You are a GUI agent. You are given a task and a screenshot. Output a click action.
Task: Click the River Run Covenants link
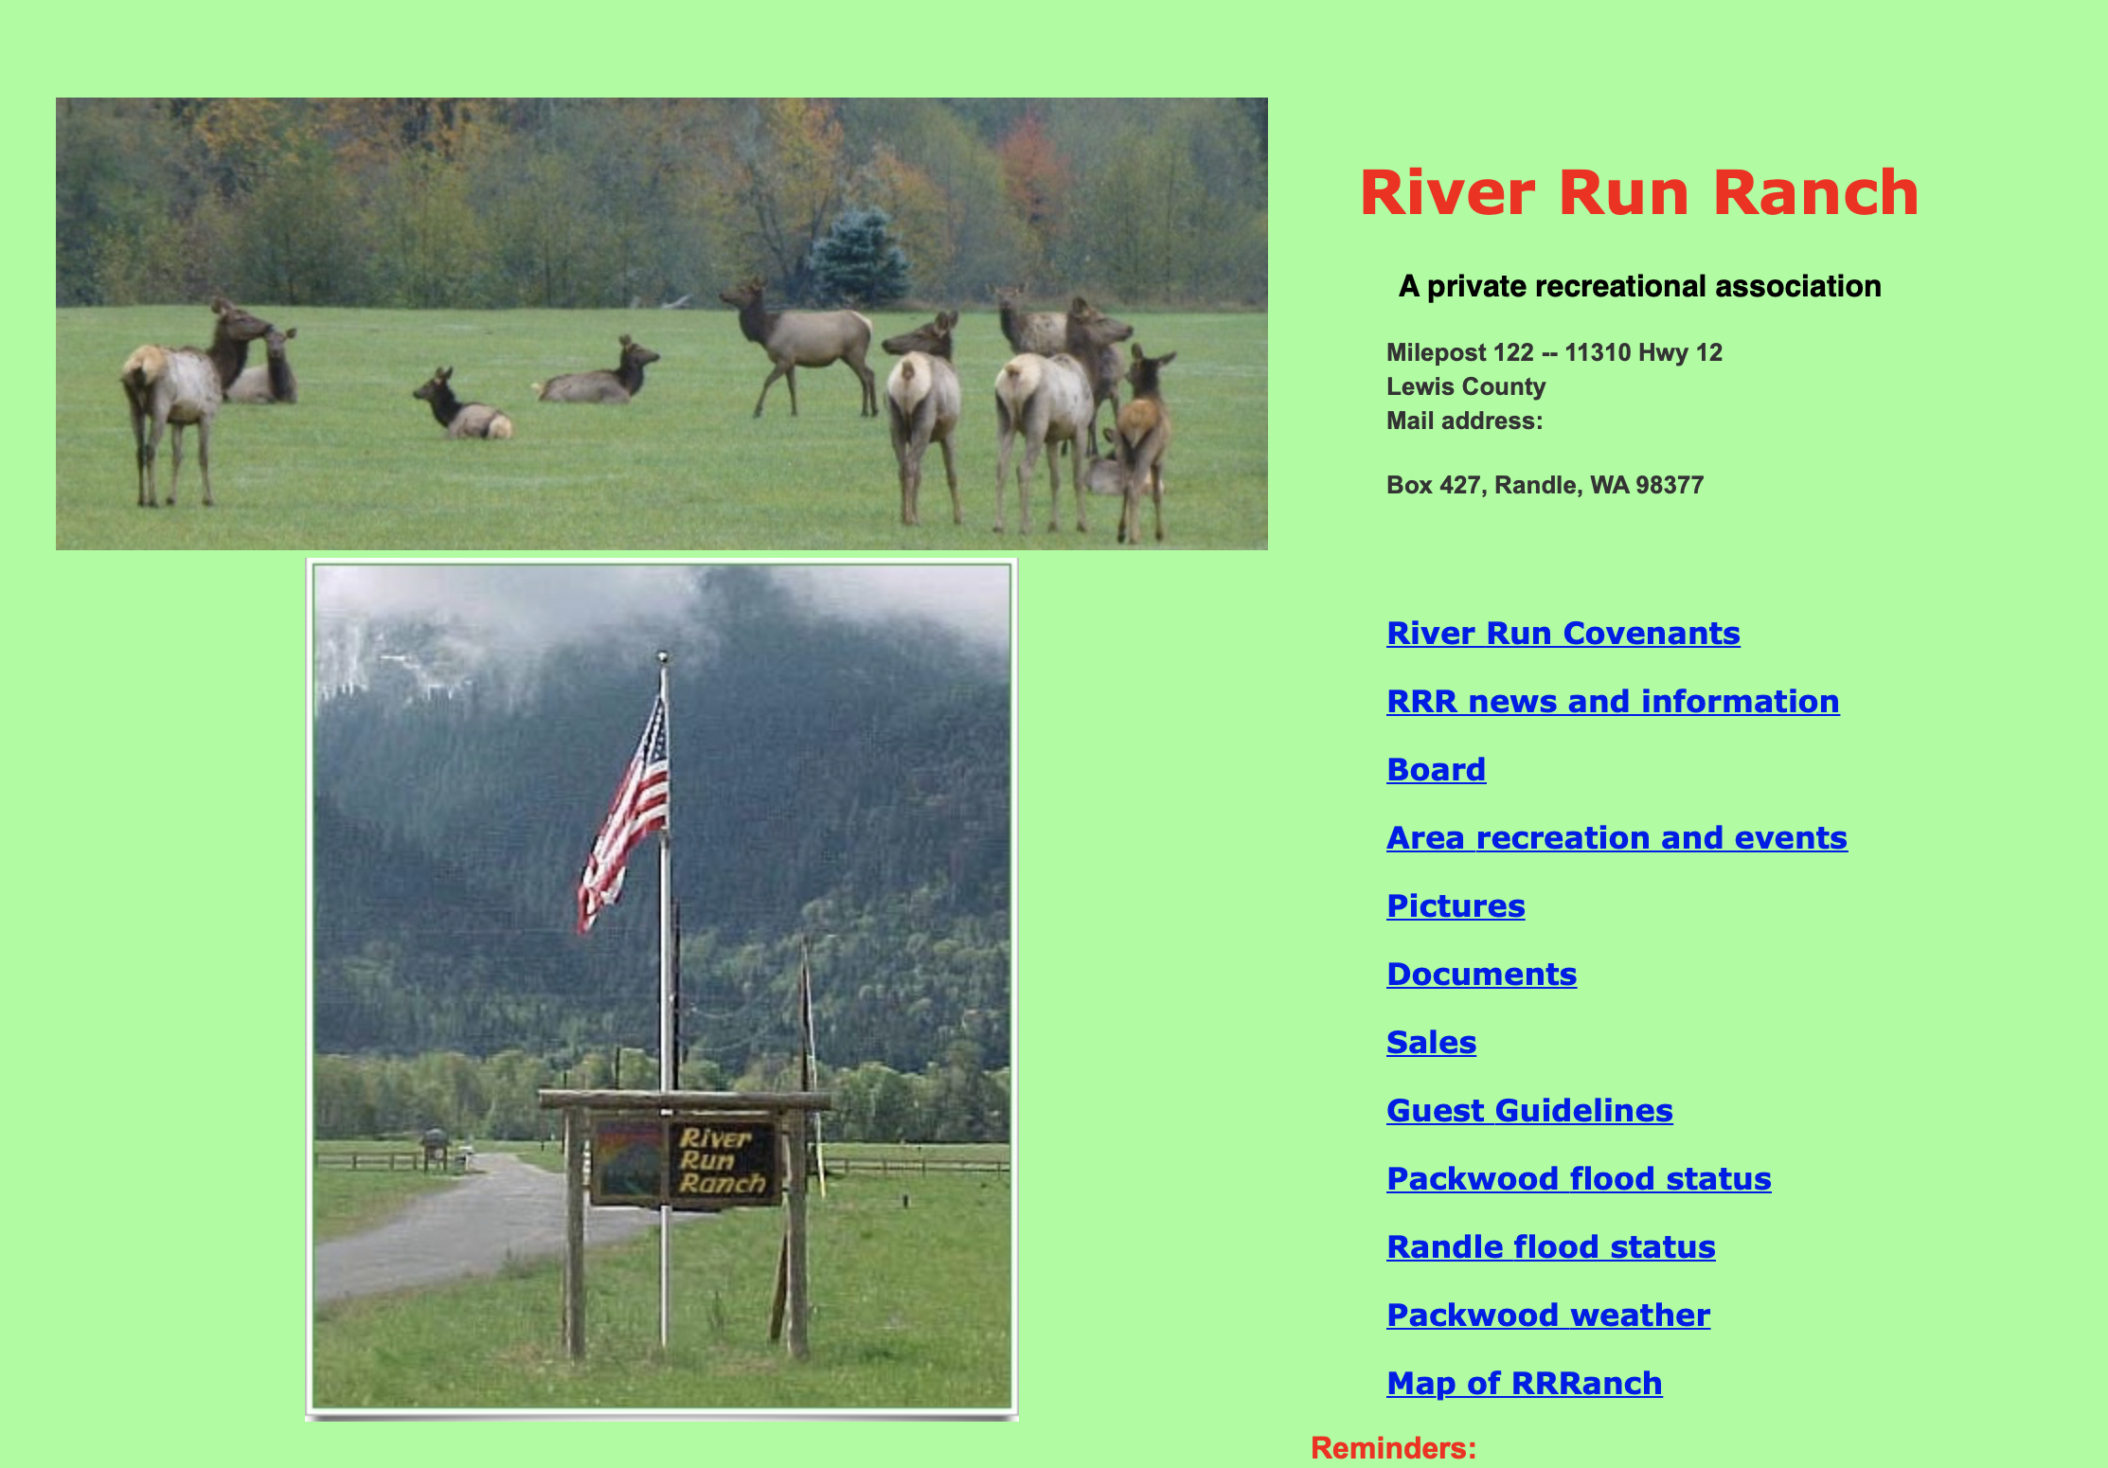point(1563,633)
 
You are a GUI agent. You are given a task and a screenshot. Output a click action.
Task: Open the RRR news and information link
point(1613,701)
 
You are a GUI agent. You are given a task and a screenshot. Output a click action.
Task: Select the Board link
point(1436,769)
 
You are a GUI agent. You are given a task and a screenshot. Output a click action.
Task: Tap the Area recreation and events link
point(1617,837)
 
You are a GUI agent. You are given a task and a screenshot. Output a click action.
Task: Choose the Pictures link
point(1456,905)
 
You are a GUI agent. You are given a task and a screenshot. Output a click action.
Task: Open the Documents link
point(1481,974)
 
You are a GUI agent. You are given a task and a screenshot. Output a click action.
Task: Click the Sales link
point(1431,1042)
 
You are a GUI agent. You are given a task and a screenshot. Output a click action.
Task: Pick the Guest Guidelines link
point(1529,1110)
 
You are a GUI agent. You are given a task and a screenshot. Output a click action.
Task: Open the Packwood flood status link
point(1579,1178)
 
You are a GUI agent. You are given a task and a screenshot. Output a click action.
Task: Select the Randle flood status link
point(1550,1246)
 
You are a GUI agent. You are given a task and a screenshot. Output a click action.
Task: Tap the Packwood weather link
point(1548,1315)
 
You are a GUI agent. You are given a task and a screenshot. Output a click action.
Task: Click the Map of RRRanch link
point(1524,1383)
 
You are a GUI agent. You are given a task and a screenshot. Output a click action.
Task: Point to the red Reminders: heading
point(1393,1448)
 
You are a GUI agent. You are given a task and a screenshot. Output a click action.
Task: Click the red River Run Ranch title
point(1639,192)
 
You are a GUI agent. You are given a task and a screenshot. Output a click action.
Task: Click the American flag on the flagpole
point(625,815)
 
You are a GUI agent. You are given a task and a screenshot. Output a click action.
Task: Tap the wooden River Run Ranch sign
point(684,1162)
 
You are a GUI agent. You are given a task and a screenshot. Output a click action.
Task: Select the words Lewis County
point(1466,386)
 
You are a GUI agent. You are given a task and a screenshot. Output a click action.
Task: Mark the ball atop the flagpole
point(663,655)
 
